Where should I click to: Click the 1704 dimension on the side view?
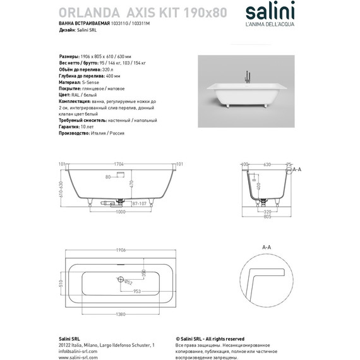(119, 165)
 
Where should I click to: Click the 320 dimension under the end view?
(267, 211)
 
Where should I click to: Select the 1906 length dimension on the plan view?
(119, 250)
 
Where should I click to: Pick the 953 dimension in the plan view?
(136, 291)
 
